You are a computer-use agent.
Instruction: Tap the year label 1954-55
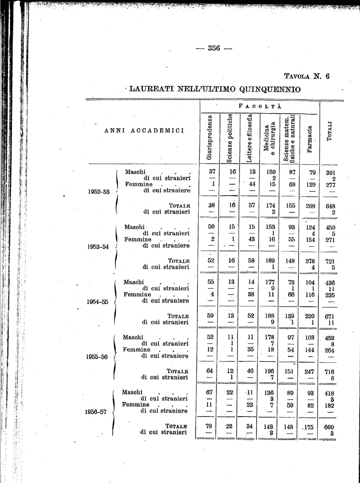(98, 302)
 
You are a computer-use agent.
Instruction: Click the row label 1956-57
(96, 411)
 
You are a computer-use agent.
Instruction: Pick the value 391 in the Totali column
(330, 173)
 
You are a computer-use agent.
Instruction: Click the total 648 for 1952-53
(330, 206)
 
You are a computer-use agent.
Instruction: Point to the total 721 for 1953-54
(330, 261)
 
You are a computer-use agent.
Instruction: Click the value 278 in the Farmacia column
(310, 261)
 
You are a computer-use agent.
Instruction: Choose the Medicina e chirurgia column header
(270, 138)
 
